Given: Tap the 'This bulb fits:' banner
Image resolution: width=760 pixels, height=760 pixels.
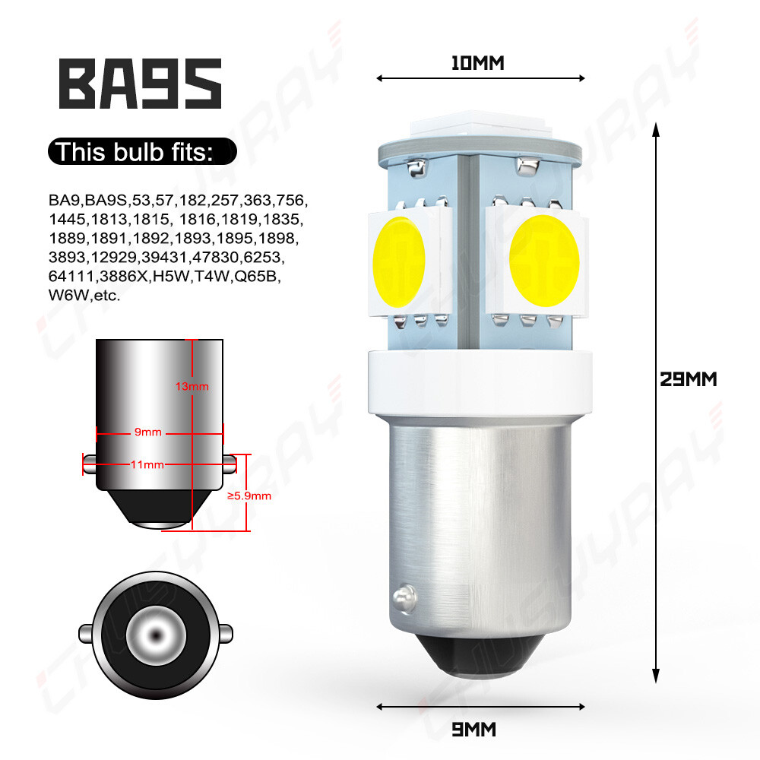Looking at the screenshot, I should (142, 152).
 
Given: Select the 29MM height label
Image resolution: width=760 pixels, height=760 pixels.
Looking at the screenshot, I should (688, 378).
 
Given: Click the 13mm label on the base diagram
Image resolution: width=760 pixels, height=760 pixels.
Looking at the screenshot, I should (192, 387).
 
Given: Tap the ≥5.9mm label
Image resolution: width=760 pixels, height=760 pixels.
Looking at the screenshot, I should (249, 496).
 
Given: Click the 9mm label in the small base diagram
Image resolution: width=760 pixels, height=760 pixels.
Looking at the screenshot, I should (148, 432).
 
